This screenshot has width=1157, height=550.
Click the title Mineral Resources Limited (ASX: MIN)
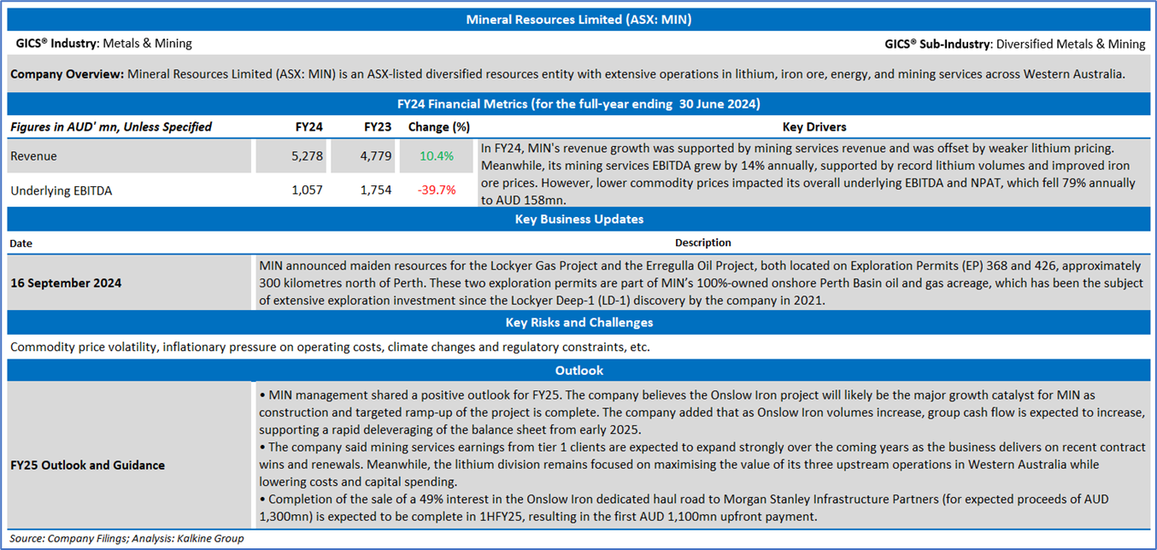click(x=578, y=20)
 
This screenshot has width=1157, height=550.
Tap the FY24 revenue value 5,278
click(x=307, y=156)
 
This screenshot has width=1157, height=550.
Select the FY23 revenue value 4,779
click(x=375, y=156)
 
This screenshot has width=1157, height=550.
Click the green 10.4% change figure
click(x=437, y=156)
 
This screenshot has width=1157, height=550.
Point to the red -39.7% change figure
click(x=437, y=190)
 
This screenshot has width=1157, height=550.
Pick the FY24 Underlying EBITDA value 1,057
click(x=307, y=190)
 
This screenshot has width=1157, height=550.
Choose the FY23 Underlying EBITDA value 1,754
click(x=375, y=190)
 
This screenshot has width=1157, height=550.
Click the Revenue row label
click(x=33, y=156)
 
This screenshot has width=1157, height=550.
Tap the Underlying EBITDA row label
click(x=61, y=190)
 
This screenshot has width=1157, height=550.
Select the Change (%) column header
click(x=439, y=127)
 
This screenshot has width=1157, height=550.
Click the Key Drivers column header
click(x=814, y=127)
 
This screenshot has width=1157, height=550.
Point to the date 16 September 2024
click(x=66, y=283)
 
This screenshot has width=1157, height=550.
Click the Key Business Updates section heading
click(x=579, y=219)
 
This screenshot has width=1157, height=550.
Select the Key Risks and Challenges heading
click(x=579, y=322)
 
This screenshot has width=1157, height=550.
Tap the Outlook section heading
click(x=579, y=371)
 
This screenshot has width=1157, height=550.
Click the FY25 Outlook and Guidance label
click(x=87, y=465)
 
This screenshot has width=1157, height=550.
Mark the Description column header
click(x=702, y=243)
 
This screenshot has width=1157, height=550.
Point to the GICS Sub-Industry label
click(x=938, y=44)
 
